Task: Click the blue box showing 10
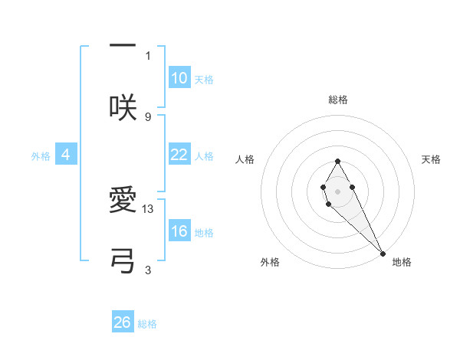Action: [179, 78]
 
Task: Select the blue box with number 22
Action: [179, 155]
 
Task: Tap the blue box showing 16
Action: [179, 231]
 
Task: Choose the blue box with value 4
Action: [66, 155]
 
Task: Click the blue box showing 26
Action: [123, 322]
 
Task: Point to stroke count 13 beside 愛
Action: [149, 208]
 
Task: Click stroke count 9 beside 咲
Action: [148, 116]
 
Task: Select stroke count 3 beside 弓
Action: [148, 270]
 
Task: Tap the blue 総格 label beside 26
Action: [147, 324]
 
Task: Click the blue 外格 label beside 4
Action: [41, 156]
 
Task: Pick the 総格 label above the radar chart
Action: [337, 100]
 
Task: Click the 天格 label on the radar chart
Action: [432, 159]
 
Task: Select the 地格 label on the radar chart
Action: [402, 262]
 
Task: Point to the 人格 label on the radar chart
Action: [245, 159]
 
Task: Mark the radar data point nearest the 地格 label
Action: [383, 253]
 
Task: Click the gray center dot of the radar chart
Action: [337, 191]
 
